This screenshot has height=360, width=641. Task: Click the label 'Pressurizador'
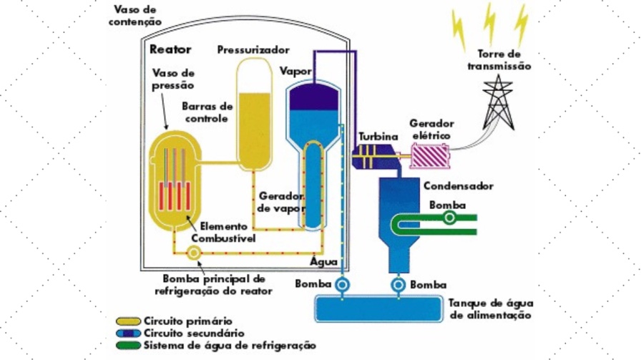coord(253,50)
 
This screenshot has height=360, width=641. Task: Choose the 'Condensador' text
coord(459,186)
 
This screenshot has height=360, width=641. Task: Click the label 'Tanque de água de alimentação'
coord(490,308)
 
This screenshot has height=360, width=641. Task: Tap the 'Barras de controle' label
coord(208,111)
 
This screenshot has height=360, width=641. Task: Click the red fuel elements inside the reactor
coord(174,195)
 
